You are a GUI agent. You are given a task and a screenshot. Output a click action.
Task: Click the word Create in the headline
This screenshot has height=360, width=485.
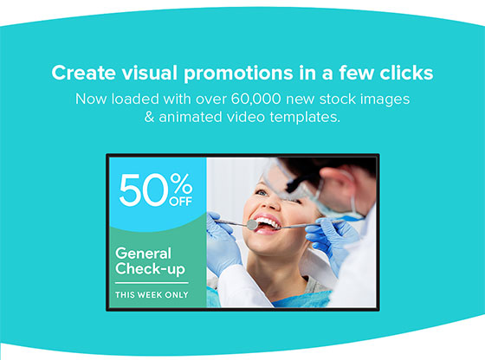coord(83,73)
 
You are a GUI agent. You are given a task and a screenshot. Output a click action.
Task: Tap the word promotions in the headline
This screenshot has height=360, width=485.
coord(238,74)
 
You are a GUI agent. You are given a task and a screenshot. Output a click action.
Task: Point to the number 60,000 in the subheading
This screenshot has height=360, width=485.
coord(255,100)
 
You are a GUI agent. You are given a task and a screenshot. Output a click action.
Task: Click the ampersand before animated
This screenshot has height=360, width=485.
coord(149,117)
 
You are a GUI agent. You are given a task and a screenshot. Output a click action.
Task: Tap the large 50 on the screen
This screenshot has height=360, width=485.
coord(143,190)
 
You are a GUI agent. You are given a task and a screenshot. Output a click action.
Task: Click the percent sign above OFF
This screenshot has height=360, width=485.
coord(181,183)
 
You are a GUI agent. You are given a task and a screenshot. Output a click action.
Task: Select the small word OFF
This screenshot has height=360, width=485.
coord(181,202)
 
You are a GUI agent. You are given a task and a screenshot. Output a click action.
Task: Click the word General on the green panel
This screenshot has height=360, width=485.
coord(143,254)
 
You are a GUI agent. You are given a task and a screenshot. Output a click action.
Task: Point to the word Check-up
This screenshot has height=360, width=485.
coord(150,269)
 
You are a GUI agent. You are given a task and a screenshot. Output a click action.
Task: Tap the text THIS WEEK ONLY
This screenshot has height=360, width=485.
coord(152,295)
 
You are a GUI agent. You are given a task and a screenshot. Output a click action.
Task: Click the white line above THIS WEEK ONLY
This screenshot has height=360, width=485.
coord(152,283)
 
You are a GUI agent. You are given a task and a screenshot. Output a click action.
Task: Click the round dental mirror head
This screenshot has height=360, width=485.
coord(252,224)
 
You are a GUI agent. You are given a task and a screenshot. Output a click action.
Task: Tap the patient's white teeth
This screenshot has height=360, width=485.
coord(268,222)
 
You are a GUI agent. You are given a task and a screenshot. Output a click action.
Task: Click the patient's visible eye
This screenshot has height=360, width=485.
coord(262,193)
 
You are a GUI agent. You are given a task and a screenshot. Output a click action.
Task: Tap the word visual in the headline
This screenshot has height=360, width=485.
coord(149,73)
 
